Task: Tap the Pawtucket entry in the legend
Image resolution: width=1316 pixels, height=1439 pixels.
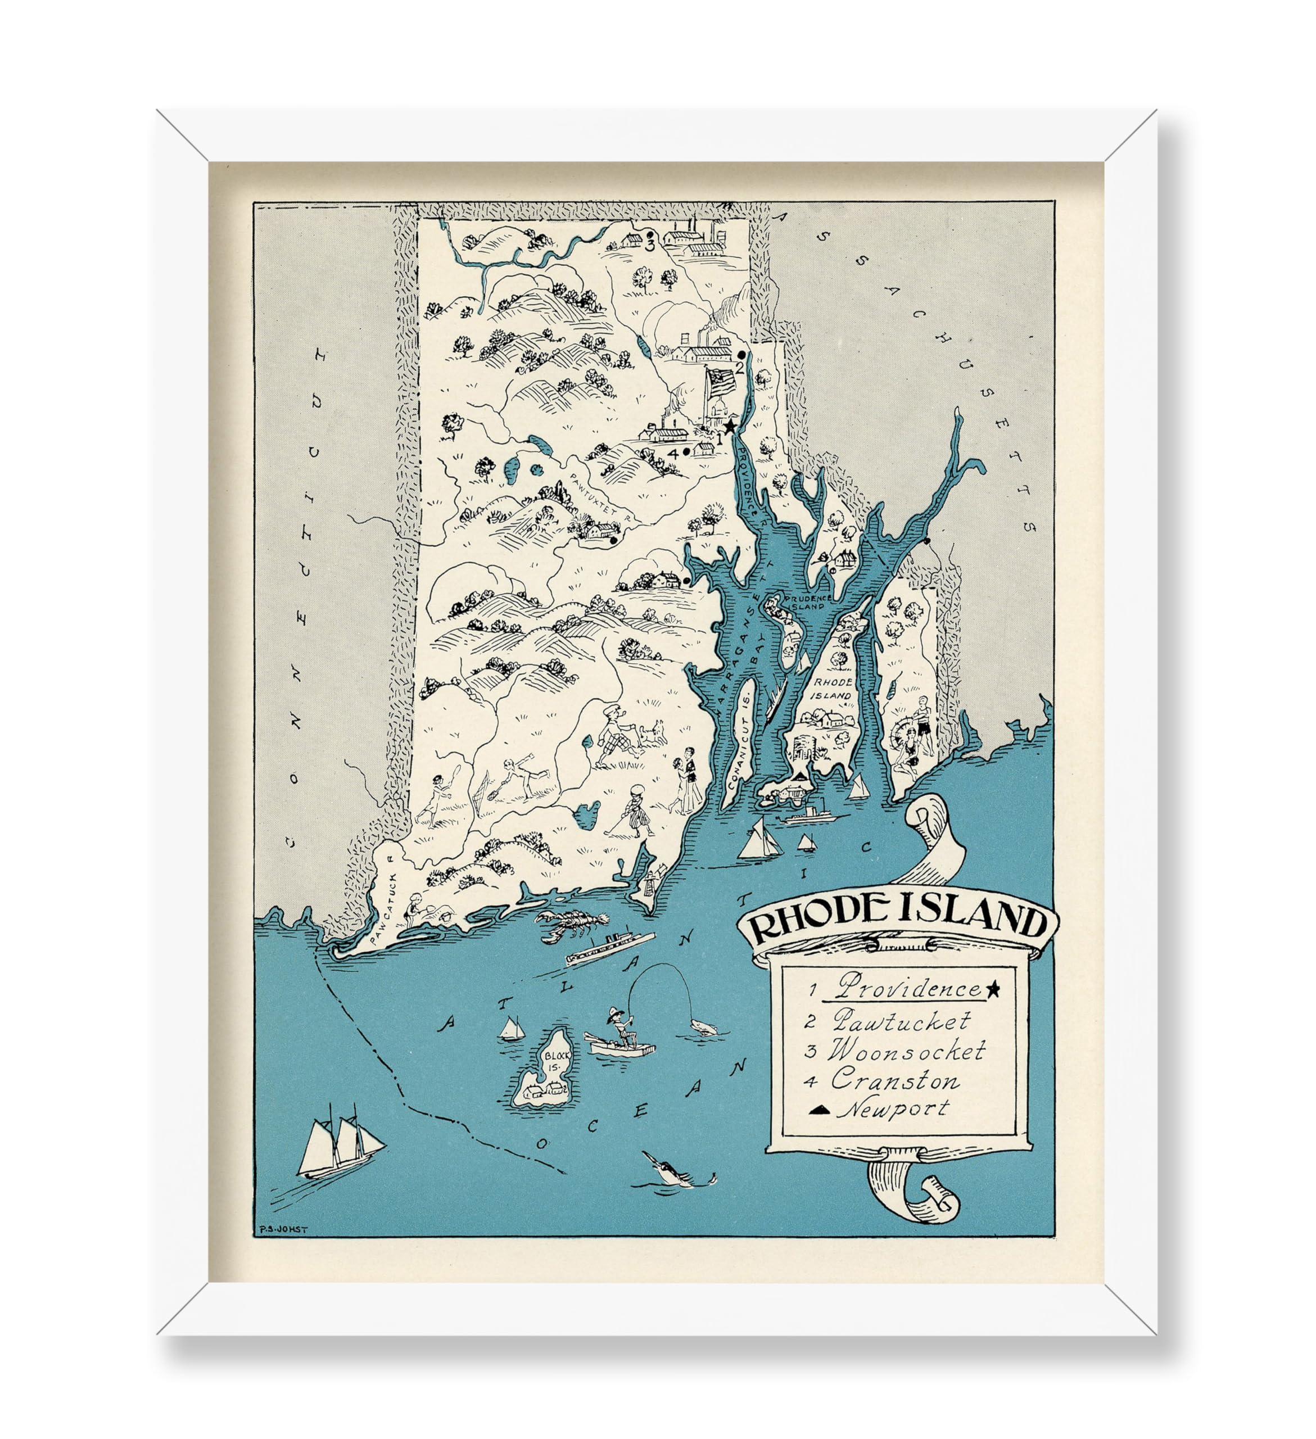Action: point(901,1021)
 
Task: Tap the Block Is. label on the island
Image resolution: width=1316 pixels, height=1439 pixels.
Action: point(554,1061)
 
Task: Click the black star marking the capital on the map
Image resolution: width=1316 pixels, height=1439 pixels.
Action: point(730,426)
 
